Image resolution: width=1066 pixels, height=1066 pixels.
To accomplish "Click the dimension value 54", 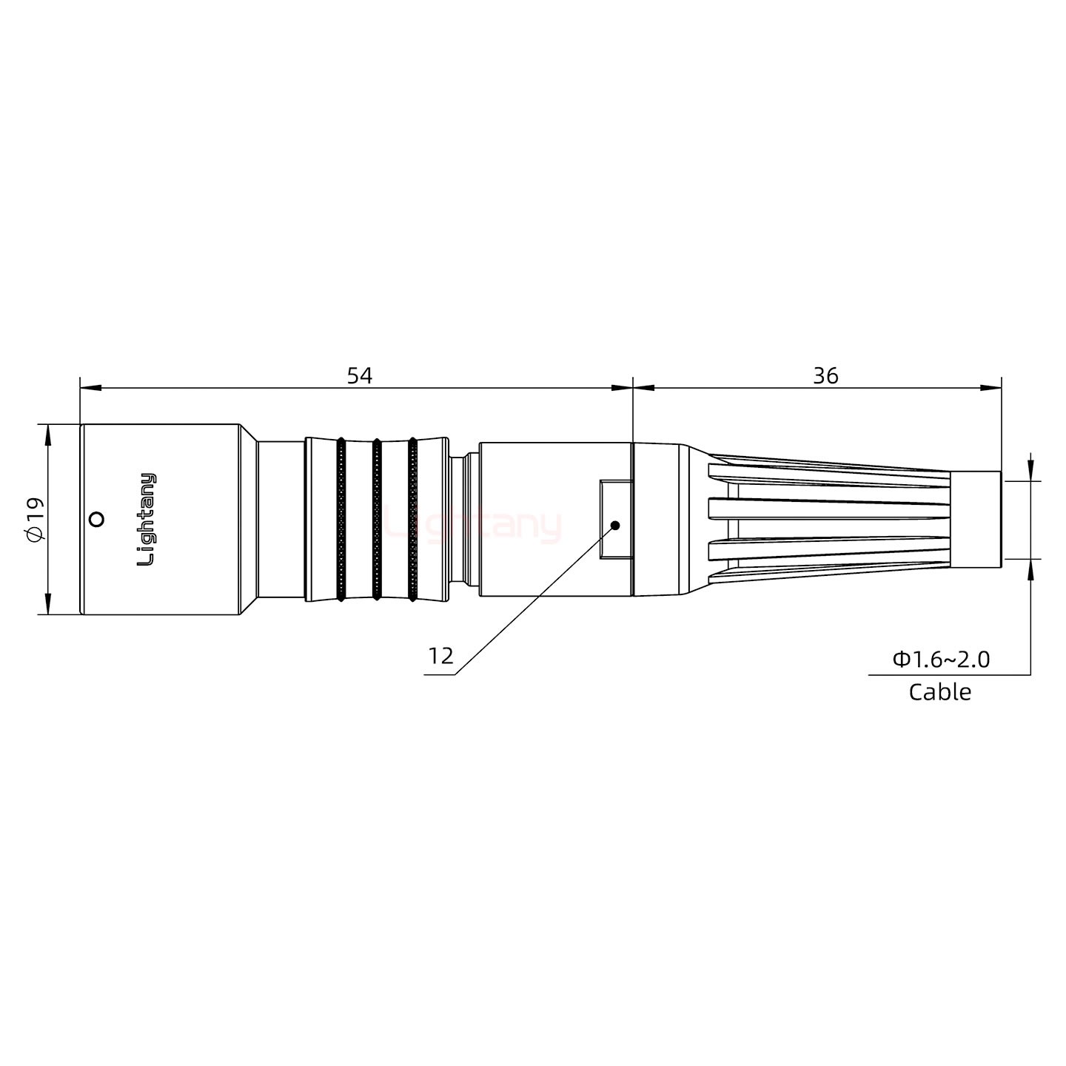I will pos(360,376).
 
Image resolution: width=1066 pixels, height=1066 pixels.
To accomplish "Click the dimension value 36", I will pos(825,376).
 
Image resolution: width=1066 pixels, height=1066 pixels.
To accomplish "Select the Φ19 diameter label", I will pos(35,520).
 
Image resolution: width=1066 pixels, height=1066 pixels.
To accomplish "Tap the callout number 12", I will pos(440,656).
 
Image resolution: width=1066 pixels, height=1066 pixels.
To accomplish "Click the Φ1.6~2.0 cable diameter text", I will pos(941,659).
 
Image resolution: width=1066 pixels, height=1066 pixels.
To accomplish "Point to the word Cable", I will pos(939,692).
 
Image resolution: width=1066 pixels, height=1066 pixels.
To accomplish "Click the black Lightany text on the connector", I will pos(147,520).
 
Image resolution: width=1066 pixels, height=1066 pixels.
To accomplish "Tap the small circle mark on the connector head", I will pos(95,520).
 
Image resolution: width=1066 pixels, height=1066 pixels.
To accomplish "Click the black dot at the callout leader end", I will pos(614,526).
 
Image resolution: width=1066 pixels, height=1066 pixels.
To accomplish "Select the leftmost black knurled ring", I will pos(341,520).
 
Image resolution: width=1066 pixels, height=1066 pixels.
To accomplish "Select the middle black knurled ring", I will pos(377,520).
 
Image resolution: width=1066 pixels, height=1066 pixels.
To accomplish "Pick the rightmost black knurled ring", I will pos(412,520).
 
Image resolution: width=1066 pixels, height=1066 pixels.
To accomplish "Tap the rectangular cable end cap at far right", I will pos(976,520).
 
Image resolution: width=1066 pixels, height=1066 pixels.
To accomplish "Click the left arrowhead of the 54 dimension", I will pos(89,387).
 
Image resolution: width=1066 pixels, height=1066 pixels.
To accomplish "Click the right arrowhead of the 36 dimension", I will pos(992,387).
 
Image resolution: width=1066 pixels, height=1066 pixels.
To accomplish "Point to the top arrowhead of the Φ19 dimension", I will pos(49,434).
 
